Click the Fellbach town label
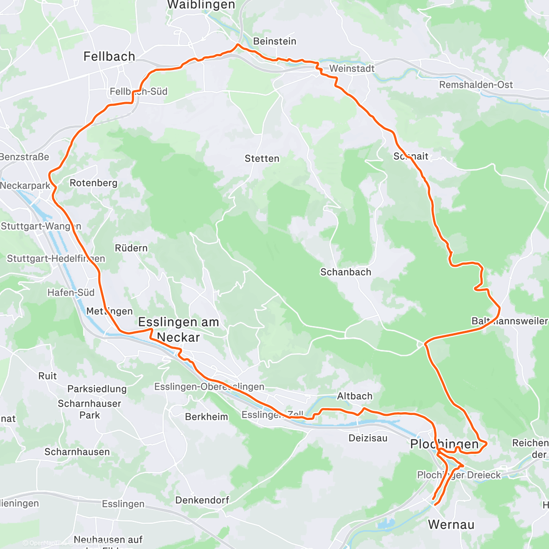[x=109, y=56]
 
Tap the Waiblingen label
[x=201, y=5]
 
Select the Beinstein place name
[x=274, y=41]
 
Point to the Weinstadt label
[x=352, y=69]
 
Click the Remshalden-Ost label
[x=476, y=85]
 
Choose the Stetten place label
[x=262, y=159]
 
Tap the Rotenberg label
[x=93, y=183]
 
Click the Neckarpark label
[x=25, y=186]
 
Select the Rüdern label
[x=131, y=248]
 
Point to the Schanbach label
[x=345, y=272]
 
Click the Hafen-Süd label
[x=71, y=292]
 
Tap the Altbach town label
[x=355, y=396]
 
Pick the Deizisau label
[x=368, y=438]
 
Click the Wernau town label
[x=451, y=525]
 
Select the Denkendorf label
[x=202, y=500]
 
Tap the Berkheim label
[x=206, y=417]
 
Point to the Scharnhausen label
[x=77, y=452]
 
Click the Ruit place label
[x=48, y=376]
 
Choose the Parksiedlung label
[x=97, y=389]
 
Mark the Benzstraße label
[x=24, y=157]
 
